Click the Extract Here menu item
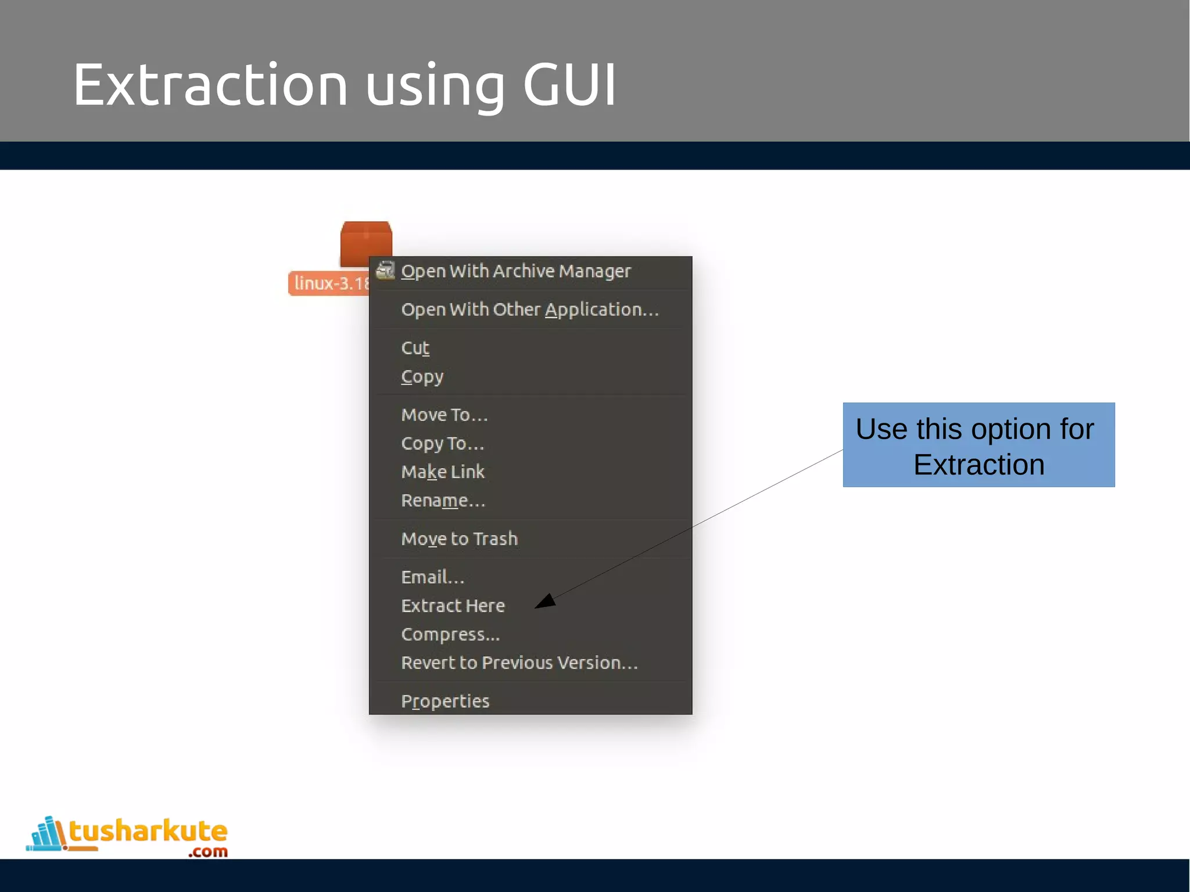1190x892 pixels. click(x=453, y=606)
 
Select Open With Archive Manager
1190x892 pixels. click(x=515, y=271)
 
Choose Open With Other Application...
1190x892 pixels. click(x=529, y=310)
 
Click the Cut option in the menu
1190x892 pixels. click(x=415, y=348)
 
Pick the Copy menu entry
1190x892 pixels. click(x=422, y=377)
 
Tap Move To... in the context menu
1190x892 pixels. click(x=444, y=415)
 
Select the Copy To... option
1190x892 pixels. click(x=442, y=444)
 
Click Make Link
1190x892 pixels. click(x=442, y=472)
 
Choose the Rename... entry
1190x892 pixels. click(x=443, y=501)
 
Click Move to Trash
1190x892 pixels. click(x=459, y=539)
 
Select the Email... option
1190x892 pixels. click(x=432, y=577)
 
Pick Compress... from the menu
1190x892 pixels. click(x=450, y=634)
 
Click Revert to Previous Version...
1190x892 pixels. click(x=519, y=663)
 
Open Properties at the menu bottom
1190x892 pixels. click(x=445, y=701)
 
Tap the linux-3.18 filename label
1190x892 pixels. click(x=329, y=283)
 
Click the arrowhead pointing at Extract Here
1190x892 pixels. click(x=546, y=602)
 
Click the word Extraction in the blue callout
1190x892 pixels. click(x=978, y=465)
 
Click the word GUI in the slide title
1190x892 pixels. click(x=569, y=85)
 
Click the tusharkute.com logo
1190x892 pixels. click(x=128, y=836)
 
